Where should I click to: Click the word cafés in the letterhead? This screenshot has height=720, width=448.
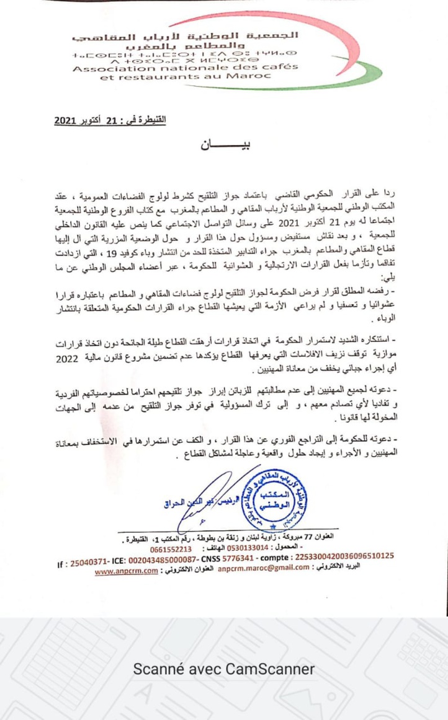coord(280,67)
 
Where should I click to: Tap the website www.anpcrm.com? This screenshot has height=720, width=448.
coord(126,572)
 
